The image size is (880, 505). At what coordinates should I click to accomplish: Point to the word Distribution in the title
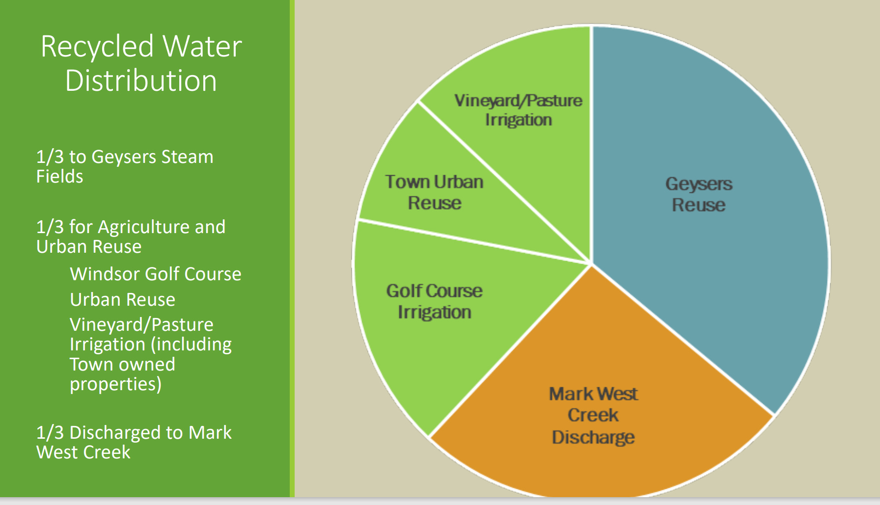[x=141, y=81]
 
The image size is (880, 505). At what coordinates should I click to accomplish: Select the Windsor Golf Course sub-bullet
[x=156, y=274]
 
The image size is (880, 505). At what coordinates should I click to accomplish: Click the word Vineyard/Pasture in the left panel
[x=141, y=324]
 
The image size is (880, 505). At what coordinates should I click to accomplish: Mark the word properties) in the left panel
[x=115, y=384]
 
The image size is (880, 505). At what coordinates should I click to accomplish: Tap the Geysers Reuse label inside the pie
[x=699, y=194]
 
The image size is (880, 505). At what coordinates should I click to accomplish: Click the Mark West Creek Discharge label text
[x=593, y=415]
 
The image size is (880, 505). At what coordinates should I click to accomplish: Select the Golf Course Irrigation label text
[x=435, y=301]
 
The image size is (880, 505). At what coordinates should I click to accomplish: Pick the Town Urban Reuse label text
[x=435, y=192]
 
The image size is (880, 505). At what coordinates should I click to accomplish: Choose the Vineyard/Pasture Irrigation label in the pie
[x=519, y=110]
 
